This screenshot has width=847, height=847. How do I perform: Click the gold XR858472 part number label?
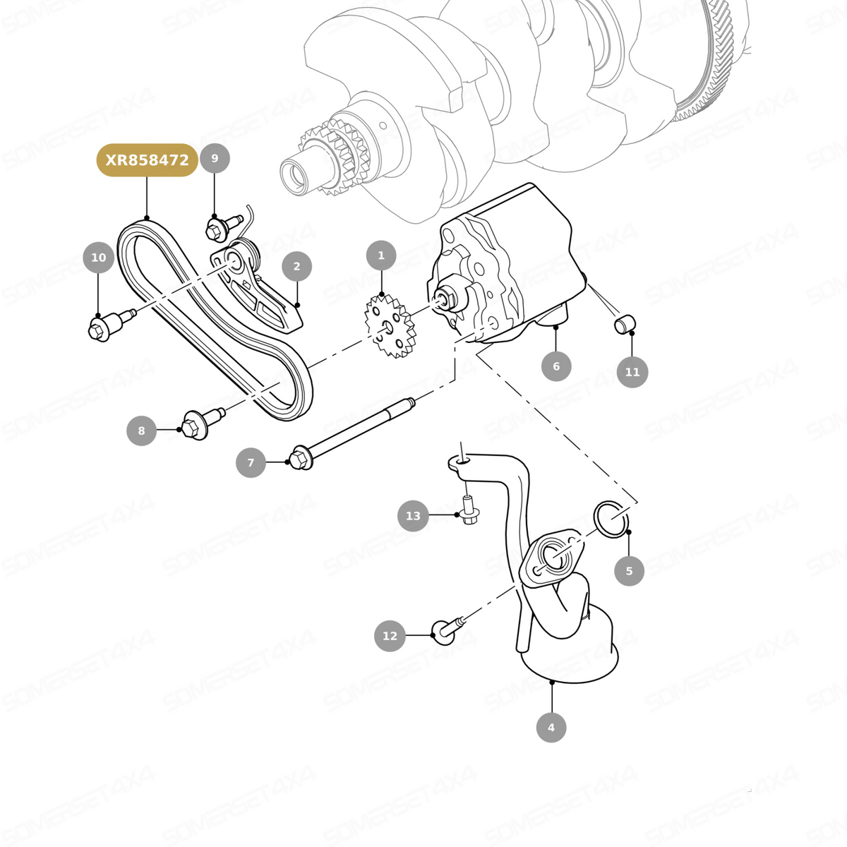pos(148,160)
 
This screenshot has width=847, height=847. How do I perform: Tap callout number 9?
pos(215,158)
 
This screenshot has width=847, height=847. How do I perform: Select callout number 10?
pos(98,257)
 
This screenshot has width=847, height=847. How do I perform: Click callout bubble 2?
pos(296,266)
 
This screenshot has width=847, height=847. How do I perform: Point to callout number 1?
pos(381,256)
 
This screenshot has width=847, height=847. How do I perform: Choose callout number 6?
pos(556,366)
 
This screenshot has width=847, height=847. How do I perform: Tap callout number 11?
pos(632,372)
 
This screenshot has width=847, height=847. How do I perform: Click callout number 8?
pos(142,431)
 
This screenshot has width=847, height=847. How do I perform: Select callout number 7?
pos(251,462)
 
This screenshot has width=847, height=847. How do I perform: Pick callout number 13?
pos(413,515)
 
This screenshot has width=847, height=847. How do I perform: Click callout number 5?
pos(629,571)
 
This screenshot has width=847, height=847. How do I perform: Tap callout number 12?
pos(390,636)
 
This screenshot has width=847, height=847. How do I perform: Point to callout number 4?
pos(551,728)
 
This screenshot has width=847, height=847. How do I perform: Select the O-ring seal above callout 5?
pos(611,519)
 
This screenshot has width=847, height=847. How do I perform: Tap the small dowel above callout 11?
pos(625,324)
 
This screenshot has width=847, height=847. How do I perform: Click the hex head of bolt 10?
pos(98,330)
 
